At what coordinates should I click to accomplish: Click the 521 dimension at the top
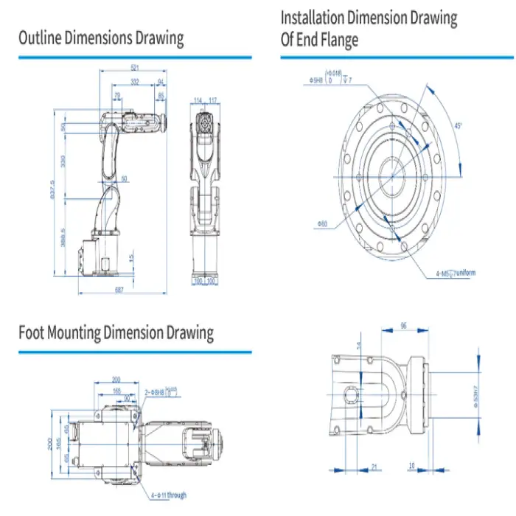pyautogui.click(x=134, y=66)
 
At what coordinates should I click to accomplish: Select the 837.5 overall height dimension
pyautogui.click(x=52, y=194)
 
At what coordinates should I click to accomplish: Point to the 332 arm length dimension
pyautogui.click(x=134, y=81)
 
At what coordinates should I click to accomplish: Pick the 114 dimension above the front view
pyautogui.click(x=198, y=100)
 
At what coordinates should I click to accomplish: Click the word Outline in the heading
pyautogui.click(x=40, y=38)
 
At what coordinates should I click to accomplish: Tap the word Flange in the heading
pyautogui.click(x=338, y=40)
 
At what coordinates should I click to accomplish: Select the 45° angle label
pyautogui.click(x=458, y=127)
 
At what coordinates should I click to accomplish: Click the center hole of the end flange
pyautogui.click(x=393, y=175)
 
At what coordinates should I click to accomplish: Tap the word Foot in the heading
pyautogui.click(x=32, y=332)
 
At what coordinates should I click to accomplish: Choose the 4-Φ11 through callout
pyautogui.click(x=169, y=495)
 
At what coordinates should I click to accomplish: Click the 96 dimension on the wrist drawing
pyautogui.click(x=402, y=325)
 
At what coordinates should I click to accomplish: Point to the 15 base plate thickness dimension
pyautogui.click(x=130, y=258)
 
